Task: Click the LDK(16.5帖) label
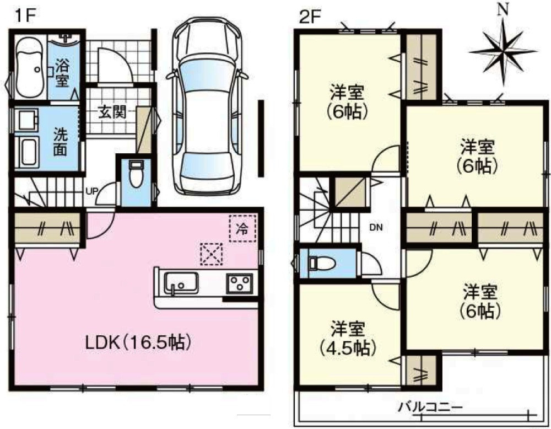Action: [x=138, y=343]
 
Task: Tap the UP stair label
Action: [x=91, y=191]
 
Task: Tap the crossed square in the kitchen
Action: [x=209, y=253]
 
